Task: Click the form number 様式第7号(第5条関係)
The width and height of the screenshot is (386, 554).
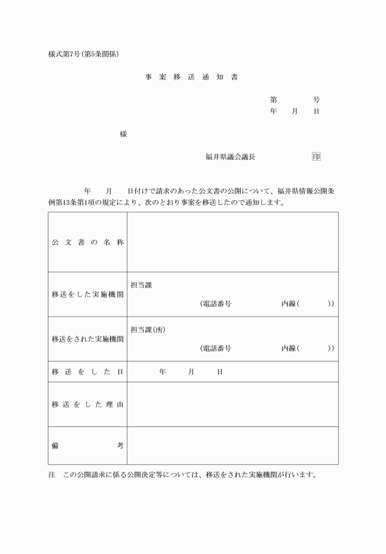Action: click(x=83, y=53)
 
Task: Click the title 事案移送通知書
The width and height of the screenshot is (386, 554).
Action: click(x=192, y=77)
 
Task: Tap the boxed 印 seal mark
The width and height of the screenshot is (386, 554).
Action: click(x=316, y=156)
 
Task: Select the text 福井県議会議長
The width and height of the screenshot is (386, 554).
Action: click(x=230, y=156)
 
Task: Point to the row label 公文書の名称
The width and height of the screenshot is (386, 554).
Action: click(x=88, y=242)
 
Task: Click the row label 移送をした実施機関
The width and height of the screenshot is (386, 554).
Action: click(x=88, y=294)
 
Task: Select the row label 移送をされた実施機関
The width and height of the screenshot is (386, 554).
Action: click(x=88, y=339)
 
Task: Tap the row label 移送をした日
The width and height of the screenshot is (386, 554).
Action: click(x=88, y=372)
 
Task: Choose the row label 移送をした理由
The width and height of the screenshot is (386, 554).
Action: click(x=88, y=404)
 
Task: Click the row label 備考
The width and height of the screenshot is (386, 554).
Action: click(x=88, y=445)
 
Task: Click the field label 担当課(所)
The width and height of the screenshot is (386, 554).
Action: click(x=148, y=329)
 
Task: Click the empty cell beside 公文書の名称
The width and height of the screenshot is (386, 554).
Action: click(x=232, y=242)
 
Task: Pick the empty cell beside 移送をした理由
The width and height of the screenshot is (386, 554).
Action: click(x=232, y=404)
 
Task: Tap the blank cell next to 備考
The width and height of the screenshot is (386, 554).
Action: click(x=232, y=445)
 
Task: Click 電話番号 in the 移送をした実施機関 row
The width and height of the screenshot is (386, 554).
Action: click(x=218, y=304)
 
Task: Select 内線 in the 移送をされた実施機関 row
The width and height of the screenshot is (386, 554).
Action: click(x=289, y=348)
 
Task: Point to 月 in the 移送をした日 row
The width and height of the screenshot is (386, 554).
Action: click(x=191, y=372)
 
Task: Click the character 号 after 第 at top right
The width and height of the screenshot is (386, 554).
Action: click(x=316, y=99)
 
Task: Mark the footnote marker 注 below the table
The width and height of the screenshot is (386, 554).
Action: click(x=51, y=475)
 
